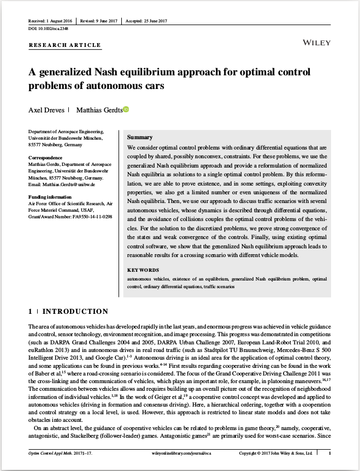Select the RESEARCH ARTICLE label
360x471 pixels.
64,45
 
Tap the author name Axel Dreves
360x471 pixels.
45,110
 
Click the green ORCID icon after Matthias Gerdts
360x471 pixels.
126,110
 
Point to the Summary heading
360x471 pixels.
139,137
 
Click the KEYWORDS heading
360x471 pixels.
143,270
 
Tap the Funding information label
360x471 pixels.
50,196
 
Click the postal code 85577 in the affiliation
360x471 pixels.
36,145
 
